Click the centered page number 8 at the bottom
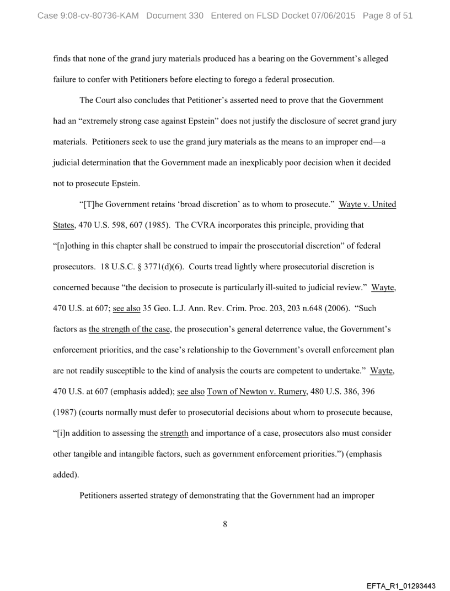[x=225, y=524]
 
